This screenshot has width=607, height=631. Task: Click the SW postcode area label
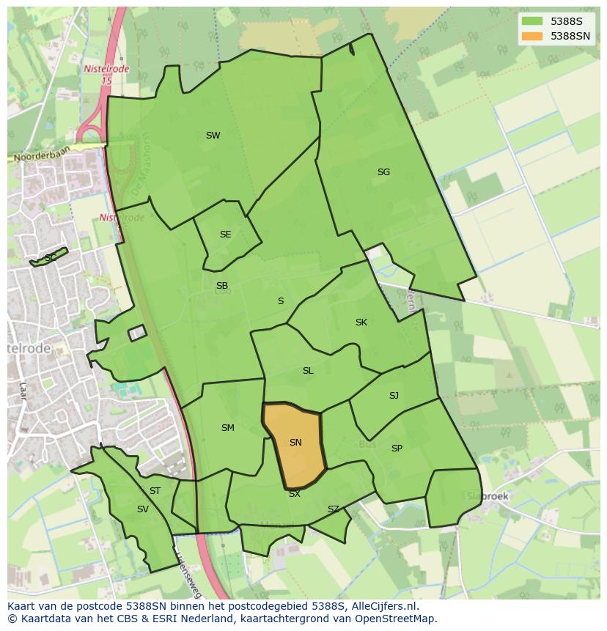click(x=213, y=136)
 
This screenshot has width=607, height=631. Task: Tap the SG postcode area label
click(x=383, y=172)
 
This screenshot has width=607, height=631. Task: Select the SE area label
click(x=225, y=235)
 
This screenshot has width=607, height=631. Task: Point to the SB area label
click(x=222, y=286)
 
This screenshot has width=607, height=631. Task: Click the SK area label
click(x=361, y=322)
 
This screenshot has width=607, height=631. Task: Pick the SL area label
click(x=308, y=371)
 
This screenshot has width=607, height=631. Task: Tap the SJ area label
click(x=394, y=396)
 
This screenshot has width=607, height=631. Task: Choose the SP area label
click(x=397, y=449)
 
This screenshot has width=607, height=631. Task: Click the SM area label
click(x=228, y=428)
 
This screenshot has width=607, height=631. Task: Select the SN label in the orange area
click(x=295, y=443)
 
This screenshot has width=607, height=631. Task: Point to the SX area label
click(x=295, y=494)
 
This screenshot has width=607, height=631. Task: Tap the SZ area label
click(x=334, y=509)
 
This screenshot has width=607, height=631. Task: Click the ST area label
click(x=155, y=491)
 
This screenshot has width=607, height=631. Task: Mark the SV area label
click(x=142, y=509)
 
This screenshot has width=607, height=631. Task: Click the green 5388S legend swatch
click(x=532, y=22)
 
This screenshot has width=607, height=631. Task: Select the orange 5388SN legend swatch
click(x=532, y=36)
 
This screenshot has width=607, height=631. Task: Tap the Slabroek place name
click(x=488, y=496)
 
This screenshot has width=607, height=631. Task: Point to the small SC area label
click(x=51, y=258)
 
